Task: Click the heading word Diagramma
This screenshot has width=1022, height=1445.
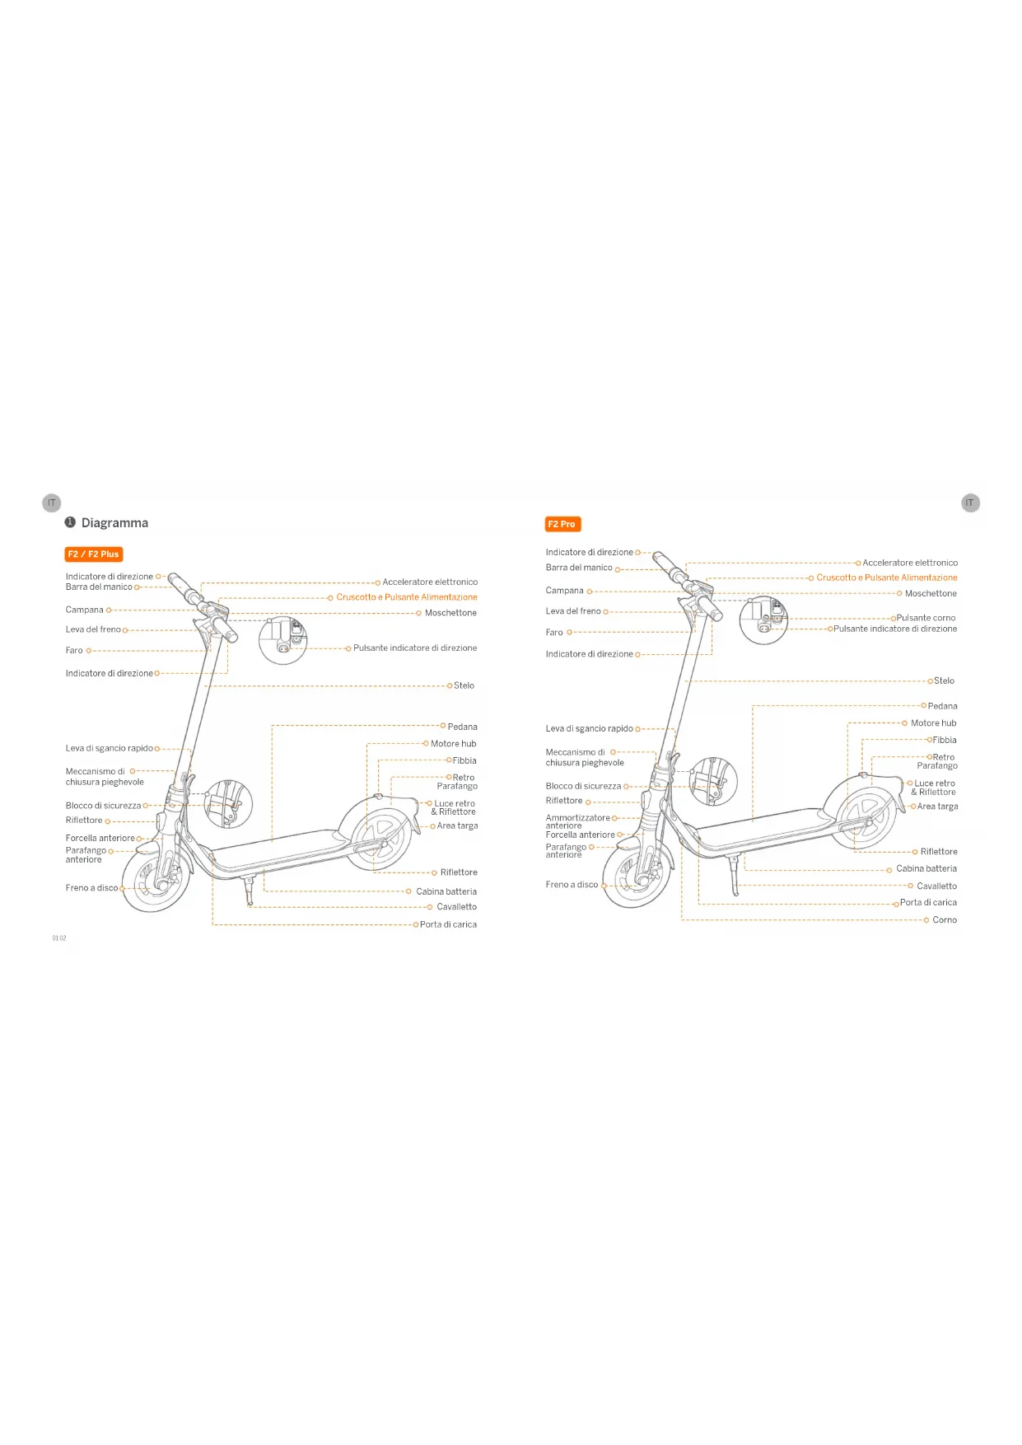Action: (x=114, y=523)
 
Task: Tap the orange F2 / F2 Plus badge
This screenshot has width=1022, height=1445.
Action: (x=93, y=554)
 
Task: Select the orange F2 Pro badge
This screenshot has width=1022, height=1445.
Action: (x=562, y=524)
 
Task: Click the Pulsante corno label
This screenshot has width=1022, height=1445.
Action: (x=926, y=618)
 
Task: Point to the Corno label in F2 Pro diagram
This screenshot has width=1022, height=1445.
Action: (x=945, y=920)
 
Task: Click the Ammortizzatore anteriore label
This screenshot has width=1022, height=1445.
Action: (x=577, y=821)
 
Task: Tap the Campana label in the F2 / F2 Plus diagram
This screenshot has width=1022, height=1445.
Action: (x=85, y=610)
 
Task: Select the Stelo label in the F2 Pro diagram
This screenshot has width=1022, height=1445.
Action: (x=944, y=681)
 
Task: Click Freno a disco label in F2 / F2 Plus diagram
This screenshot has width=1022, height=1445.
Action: (x=91, y=888)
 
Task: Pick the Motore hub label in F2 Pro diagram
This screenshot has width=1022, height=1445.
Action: (x=933, y=723)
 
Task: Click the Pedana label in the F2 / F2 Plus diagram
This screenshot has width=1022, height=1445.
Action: (x=462, y=727)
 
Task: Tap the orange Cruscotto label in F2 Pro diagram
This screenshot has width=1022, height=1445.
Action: (x=886, y=578)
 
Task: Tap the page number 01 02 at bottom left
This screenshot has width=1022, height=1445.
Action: (x=59, y=938)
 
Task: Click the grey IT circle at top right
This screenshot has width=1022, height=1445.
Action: (x=970, y=503)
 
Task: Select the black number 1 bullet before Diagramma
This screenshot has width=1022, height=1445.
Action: (x=70, y=522)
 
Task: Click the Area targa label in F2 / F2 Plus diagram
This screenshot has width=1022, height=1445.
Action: (x=457, y=825)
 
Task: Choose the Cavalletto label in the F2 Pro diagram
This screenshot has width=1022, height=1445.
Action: (x=936, y=886)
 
